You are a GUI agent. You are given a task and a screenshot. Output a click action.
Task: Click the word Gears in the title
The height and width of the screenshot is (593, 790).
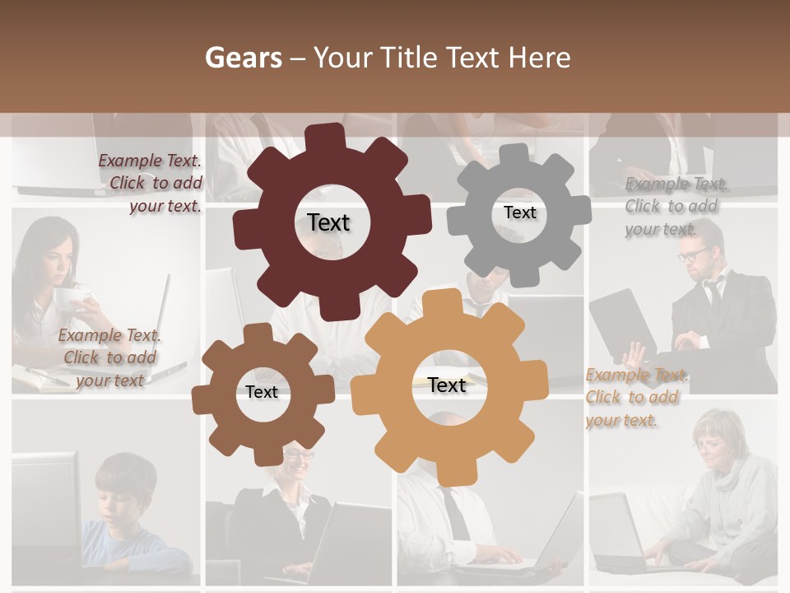pyautogui.click(x=243, y=58)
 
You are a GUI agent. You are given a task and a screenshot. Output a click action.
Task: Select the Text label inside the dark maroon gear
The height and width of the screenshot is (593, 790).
pyautogui.click(x=328, y=222)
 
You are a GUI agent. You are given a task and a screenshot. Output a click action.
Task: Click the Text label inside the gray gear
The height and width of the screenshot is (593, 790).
pyautogui.click(x=519, y=212)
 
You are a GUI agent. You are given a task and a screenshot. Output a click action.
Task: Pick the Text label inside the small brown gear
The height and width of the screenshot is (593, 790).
pyautogui.click(x=262, y=392)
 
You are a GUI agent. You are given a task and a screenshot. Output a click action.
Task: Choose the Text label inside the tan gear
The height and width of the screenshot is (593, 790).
pyautogui.click(x=447, y=385)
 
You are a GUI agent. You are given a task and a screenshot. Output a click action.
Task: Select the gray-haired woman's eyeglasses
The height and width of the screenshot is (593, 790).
pyautogui.click(x=709, y=446)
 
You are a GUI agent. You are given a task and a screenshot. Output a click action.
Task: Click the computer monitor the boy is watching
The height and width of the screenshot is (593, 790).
pyautogui.click(x=45, y=502)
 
